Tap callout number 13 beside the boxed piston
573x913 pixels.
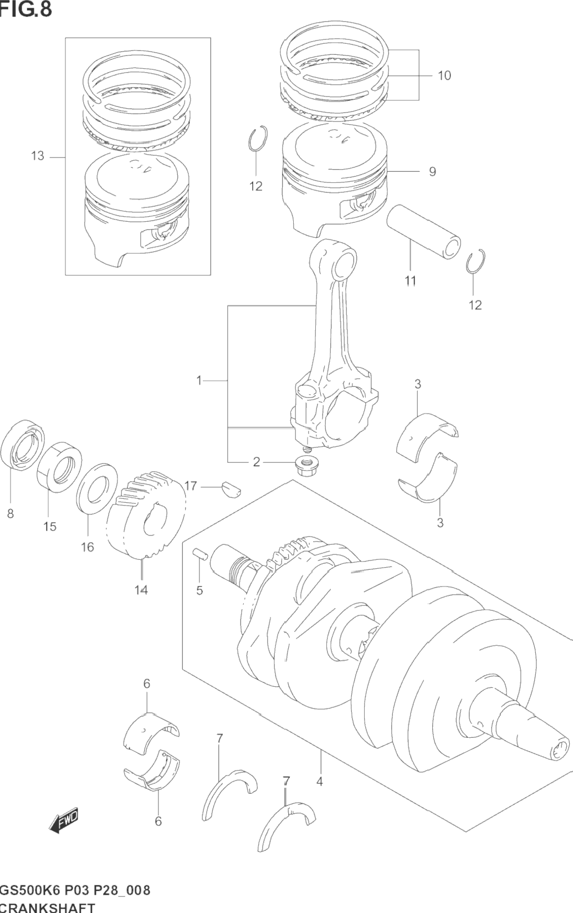click(38, 156)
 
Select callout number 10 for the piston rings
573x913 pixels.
click(444, 75)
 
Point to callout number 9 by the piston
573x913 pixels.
click(432, 172)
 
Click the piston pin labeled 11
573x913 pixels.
click(424, 232)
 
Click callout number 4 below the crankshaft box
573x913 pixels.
click(320, 782)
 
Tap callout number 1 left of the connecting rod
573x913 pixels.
click(199, 381)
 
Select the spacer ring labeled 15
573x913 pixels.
click(59, 466)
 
